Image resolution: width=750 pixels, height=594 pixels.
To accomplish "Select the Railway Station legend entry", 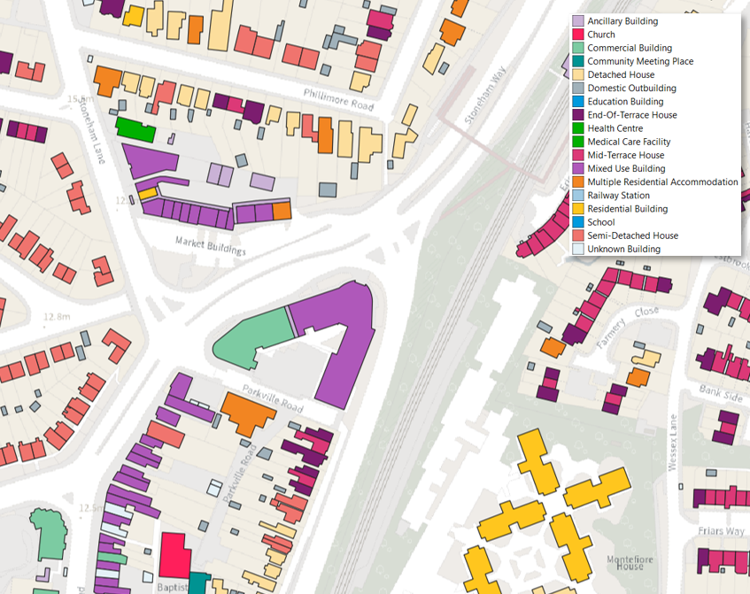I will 618,196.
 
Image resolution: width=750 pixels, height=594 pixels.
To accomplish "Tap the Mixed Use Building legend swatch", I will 578,168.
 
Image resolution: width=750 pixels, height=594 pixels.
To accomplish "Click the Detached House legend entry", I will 621,75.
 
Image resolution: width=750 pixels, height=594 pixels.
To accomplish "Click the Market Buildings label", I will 210,245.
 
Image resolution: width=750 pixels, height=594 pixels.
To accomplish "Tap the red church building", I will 174,555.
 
